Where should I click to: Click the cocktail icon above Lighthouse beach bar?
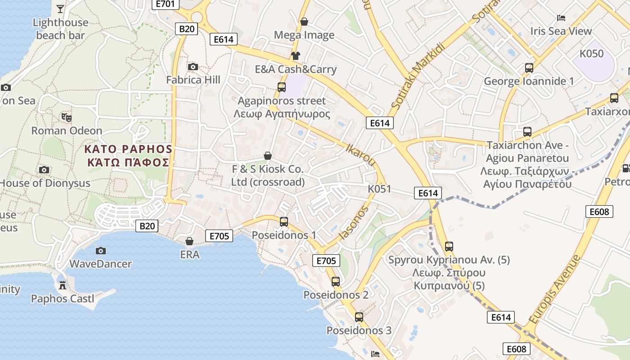(60, 9)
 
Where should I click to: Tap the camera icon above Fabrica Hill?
(193, 67)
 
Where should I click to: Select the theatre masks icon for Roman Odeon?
(67, 117)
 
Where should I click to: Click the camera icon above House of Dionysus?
(44, 170)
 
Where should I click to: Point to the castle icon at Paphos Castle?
(63, 285)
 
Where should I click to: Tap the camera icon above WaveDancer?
(101, 251)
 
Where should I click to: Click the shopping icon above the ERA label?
(189, 242)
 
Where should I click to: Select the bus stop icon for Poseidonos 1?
(284, 221)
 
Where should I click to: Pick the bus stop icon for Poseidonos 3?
(359, 317)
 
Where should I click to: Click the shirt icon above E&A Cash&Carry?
(295, 56)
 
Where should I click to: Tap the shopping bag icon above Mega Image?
(304, 22)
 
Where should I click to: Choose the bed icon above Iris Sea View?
(561, 18)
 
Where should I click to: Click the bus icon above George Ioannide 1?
(529, 68)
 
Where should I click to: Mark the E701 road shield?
(165, 4)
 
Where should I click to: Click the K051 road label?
(379, 189)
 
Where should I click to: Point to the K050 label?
(591, 54)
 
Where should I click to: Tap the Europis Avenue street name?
(555, 289)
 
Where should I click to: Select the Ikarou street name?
(360, 154)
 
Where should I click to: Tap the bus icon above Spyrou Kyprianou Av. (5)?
(449, 247)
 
